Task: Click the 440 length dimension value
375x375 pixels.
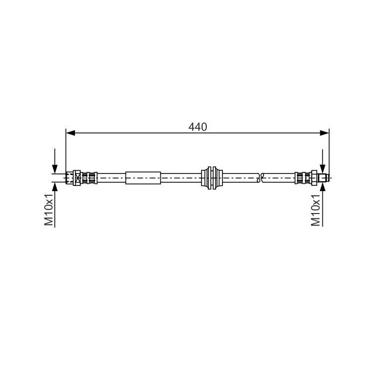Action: [197, 127]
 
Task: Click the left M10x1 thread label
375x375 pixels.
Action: [49, 209]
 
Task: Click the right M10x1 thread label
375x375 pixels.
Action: [316, 210]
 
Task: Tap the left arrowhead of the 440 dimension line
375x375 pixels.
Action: [70, 133]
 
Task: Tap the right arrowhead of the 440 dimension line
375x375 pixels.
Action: [324, 133]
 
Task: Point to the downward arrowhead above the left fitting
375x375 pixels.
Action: [55, 169]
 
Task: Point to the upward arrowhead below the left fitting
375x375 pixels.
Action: [55, 186]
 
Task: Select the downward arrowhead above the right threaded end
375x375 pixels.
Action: [323, 169]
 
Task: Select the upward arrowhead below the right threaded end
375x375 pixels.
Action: [323, 186]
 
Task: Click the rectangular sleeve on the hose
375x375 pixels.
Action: [143, 178]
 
